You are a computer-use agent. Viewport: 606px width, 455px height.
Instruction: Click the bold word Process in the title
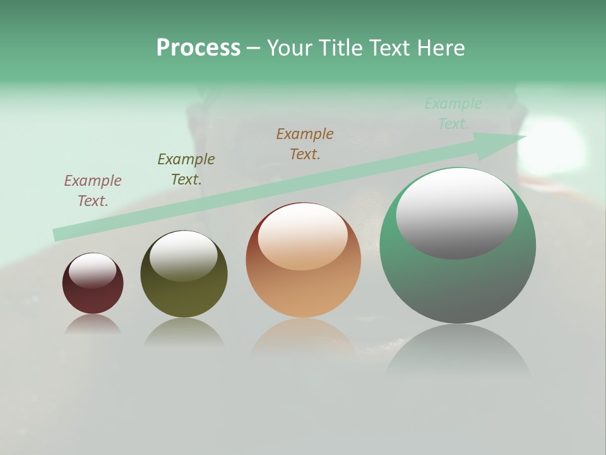pyautogui.click(x=198, y=47)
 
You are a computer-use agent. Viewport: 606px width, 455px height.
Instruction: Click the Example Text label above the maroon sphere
pyautogui.click(x=92, y=191)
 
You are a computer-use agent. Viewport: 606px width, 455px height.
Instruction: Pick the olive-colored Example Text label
pyautogui.click(x=186, y=169)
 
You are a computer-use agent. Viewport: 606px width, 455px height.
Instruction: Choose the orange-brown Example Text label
pyautogui.click(x=305, y=144)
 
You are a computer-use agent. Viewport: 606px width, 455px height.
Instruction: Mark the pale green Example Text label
pyautogui.click(x=453, y=114)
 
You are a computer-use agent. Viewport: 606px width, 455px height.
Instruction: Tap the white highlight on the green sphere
pyautogui.click(x=456, y=213)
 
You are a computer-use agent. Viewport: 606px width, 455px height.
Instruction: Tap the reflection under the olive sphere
pyautogui.click(x=184, y=332)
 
